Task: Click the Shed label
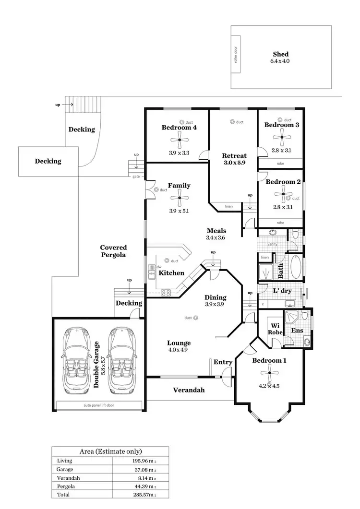(281, 54)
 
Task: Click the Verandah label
(189, 390)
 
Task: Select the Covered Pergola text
(113, 251)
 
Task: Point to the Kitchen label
(171, 273)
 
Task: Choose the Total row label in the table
(63, 494)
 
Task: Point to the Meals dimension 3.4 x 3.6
(216, 237)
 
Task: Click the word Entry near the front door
(223, 362)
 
